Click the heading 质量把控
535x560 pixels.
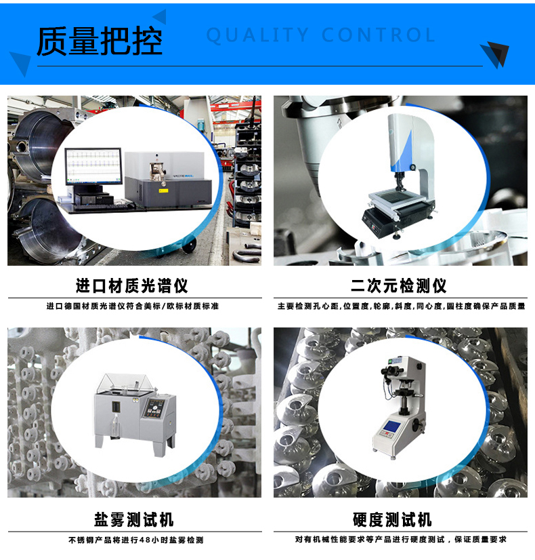[x=100, y=41]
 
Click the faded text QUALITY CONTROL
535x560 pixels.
[x=321, y=35]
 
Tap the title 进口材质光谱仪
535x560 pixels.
[x=131, y=285]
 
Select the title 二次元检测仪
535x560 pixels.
[x=398, y=285]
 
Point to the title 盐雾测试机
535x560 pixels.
[x=134, y=519]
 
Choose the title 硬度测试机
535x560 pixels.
[x=392, y=519]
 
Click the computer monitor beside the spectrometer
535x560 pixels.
[x=93, y=166]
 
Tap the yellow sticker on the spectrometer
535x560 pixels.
[x=163, y=191]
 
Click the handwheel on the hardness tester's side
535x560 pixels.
[x=417, y=426]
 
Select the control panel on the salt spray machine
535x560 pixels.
[x=154, y=409]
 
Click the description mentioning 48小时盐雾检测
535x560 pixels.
[x=136, y=540]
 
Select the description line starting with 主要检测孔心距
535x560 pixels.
[x=401, y=306]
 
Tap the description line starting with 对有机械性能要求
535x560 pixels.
[x=400, y=539]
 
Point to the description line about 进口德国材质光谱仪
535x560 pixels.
[x=133, y=306]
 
